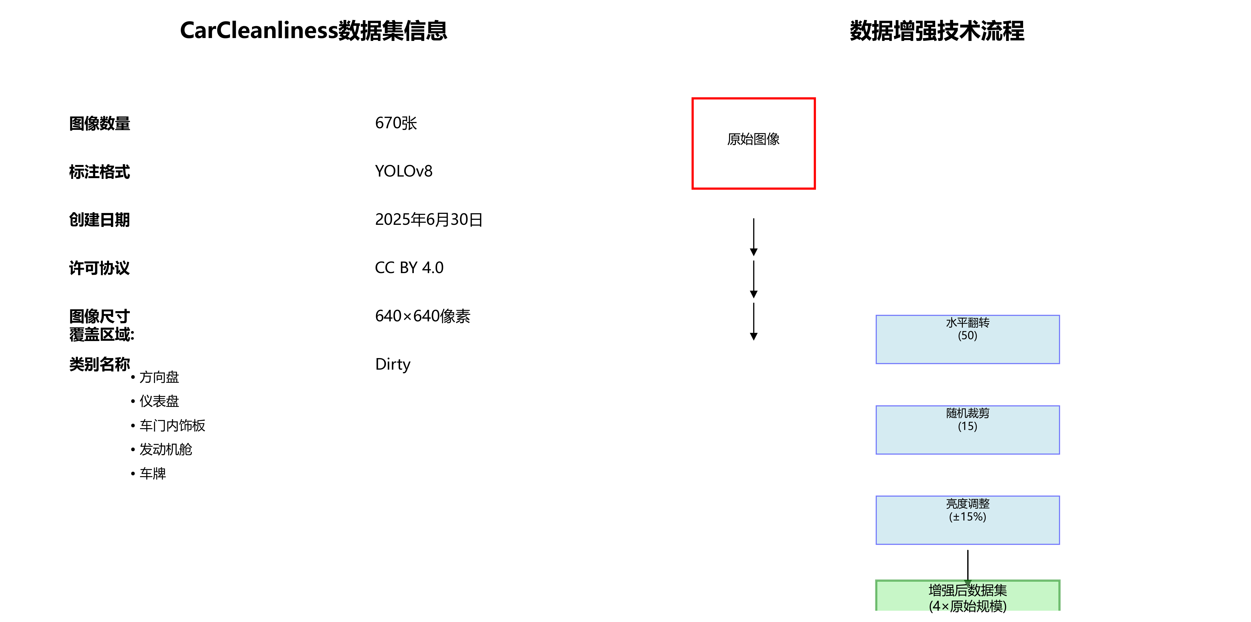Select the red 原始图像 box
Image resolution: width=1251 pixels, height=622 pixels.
coord(753,143)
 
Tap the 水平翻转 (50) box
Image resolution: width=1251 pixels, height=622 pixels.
coord(967,339)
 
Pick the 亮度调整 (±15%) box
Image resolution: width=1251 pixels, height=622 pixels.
coord(967,520)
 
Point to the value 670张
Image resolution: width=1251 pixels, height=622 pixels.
coord(396,123)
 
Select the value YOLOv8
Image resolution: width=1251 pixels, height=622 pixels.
coord(404,171)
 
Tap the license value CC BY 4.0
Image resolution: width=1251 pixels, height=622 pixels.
coord(409,268)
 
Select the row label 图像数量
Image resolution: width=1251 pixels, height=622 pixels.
coord(100,123)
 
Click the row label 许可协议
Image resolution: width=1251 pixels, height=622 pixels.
coord(100,268)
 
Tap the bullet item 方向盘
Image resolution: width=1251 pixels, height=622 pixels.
coord(159,377)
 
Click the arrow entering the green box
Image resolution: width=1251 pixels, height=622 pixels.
coord(967,566)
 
